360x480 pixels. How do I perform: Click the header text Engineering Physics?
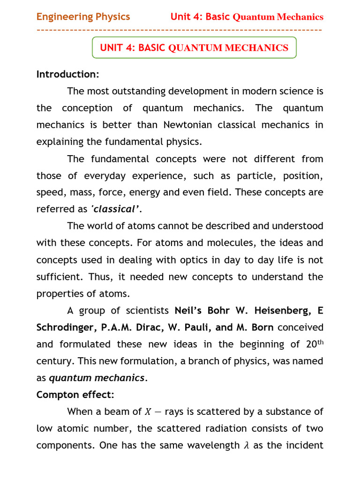83,17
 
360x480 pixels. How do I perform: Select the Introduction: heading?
67,75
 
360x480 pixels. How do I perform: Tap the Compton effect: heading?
75,395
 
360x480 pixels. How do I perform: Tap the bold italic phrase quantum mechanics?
97,378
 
